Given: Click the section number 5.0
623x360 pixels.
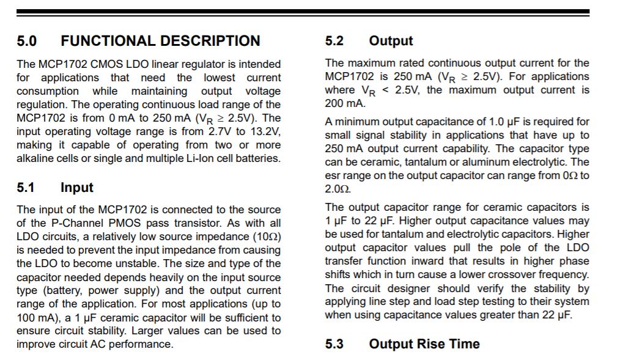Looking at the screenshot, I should coord(26,41).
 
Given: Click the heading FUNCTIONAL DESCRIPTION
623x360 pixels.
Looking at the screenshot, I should coord(160,41).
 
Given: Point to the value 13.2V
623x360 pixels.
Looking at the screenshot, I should coord(266,131).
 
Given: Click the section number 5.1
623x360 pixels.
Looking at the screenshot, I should coord(26,188).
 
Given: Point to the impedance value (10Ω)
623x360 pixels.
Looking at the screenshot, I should coord(266,236).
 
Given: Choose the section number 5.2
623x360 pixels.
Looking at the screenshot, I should coord(334,41).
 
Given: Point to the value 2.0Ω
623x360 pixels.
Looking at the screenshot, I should coord(337,189).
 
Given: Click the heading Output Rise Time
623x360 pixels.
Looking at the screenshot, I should coord(424,344).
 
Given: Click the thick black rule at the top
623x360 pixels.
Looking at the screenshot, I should coord(303,12).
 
